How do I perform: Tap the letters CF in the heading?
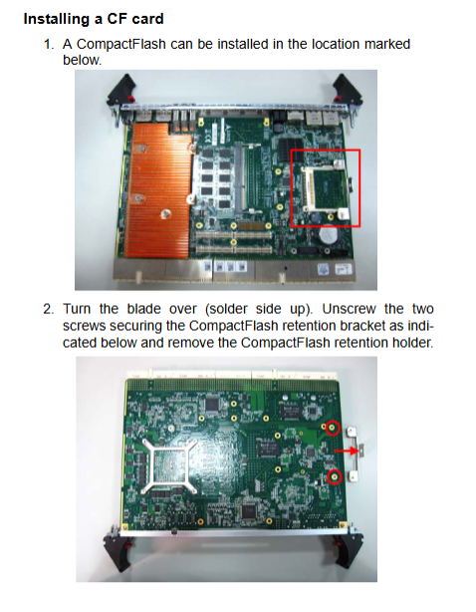(116, 19)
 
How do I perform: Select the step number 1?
(49, 44)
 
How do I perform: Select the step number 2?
(49, 309)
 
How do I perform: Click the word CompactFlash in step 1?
(121, 45)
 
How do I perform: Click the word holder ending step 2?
(413, 343)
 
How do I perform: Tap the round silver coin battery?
(329, 235)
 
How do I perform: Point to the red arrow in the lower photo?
(346, 451)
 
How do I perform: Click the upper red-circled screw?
(333, 428)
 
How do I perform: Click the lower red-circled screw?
(335, 476)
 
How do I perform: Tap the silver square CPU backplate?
(170, 464)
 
